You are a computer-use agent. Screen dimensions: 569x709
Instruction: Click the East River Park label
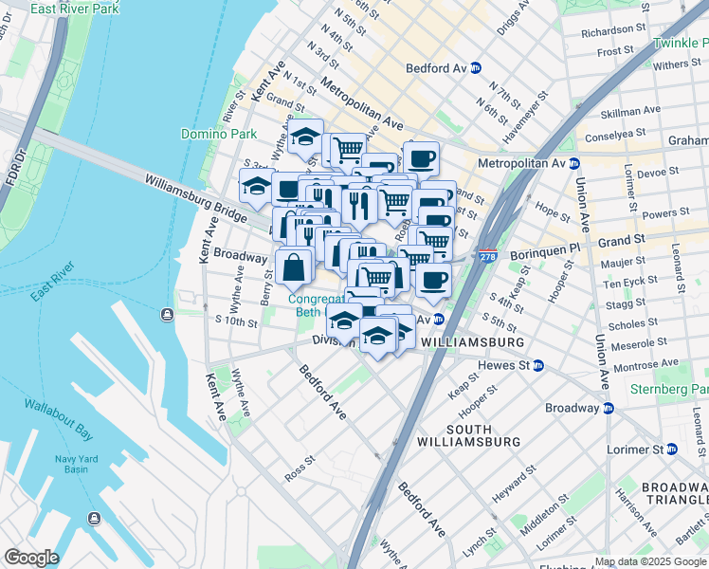coord(75,9)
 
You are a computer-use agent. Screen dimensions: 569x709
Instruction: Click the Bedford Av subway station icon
coord(475,67)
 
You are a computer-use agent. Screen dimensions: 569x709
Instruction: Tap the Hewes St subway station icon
coord(537,365)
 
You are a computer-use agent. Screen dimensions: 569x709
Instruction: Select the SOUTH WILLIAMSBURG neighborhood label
coord(469,434)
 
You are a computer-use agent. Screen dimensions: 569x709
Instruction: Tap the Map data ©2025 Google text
coord(649,561)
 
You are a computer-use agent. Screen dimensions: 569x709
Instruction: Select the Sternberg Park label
coord(668,390)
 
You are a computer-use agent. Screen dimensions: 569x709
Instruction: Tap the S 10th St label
coord(236,322)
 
